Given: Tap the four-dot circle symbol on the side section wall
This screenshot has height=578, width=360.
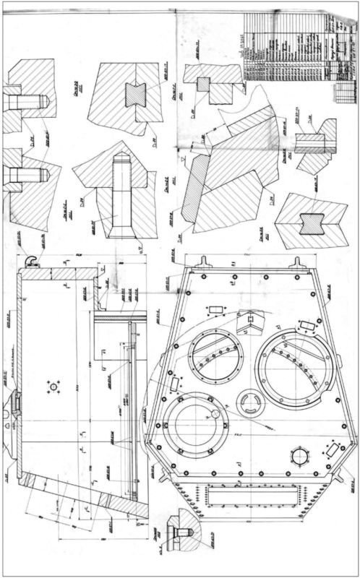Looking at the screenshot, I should point(51,387).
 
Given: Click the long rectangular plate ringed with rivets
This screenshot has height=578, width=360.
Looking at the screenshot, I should point(252,499).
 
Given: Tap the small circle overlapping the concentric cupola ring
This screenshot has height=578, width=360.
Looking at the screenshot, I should point(215,413).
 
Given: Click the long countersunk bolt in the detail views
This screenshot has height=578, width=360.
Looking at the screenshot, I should point(119,195).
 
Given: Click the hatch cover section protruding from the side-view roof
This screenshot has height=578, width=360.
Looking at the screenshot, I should point(12,408).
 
